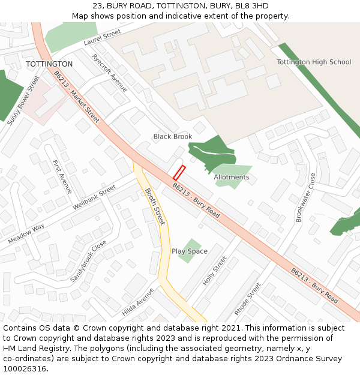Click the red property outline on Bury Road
point(179,173)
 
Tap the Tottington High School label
point(314,62)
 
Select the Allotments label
point(232,177)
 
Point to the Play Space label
point(190,251)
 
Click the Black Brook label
point(173,137)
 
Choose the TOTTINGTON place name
point(49,64)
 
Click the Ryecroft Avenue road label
point(109,73)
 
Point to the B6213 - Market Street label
point(76,97)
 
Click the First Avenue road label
point(62,176)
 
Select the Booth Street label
point(154,206)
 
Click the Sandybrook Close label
point(88,262)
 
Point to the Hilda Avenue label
point(138,302)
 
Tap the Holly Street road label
point(215,271)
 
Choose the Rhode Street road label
point(248,299)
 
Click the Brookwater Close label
point(305,198)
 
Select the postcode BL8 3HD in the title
point(251,5)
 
